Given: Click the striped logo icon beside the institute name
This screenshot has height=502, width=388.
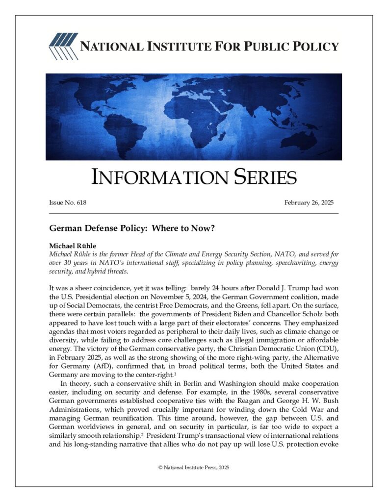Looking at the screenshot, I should [63, 47].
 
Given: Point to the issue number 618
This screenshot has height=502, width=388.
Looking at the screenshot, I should [81, 202].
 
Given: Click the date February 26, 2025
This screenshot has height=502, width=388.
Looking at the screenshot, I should [309, 202].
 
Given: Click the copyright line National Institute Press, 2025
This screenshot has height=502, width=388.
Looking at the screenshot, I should [194, 468].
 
